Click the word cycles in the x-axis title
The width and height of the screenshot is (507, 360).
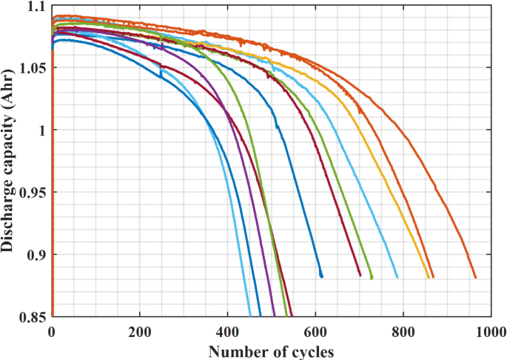310,349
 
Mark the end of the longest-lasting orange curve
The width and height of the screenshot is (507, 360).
475,278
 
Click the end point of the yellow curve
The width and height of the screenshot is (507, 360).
429,277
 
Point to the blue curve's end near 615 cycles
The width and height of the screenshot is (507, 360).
322,276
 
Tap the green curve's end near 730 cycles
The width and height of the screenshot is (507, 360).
372,278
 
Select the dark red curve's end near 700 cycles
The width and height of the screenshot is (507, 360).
360,276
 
